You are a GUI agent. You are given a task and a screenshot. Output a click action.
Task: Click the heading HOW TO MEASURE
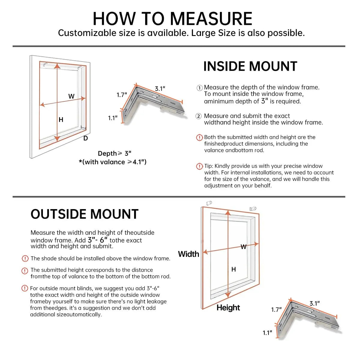172,19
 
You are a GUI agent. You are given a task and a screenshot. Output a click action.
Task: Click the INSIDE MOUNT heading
250,66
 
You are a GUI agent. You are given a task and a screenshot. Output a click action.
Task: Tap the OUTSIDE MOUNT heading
85,214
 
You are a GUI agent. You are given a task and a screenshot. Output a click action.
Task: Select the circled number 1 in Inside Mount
199,88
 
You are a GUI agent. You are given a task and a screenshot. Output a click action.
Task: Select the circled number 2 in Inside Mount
199,116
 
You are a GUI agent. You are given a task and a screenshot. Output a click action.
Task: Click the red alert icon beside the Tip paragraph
199,166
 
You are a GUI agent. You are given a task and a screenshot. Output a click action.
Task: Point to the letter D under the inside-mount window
85,138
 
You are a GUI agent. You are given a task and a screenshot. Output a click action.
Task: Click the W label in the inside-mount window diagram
71,96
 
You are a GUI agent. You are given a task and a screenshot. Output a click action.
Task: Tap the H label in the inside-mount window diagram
61,120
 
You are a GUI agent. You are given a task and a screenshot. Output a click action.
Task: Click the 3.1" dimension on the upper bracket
160,88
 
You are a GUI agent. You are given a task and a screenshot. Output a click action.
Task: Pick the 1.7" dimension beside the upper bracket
122,95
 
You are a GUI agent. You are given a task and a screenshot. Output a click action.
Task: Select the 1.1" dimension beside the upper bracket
113,118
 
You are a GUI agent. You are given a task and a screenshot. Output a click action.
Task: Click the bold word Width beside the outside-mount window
188,254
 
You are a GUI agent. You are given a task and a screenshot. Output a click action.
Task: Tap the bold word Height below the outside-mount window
228,308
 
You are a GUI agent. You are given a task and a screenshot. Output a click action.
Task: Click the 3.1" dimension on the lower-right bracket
315,303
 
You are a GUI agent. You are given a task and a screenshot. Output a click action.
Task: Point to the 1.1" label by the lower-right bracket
267,333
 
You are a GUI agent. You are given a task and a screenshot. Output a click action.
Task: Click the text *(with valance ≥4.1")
112,162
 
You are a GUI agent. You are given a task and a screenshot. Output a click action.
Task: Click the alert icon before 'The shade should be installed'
25,259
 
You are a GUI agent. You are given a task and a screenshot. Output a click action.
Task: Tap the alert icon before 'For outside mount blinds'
25,288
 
